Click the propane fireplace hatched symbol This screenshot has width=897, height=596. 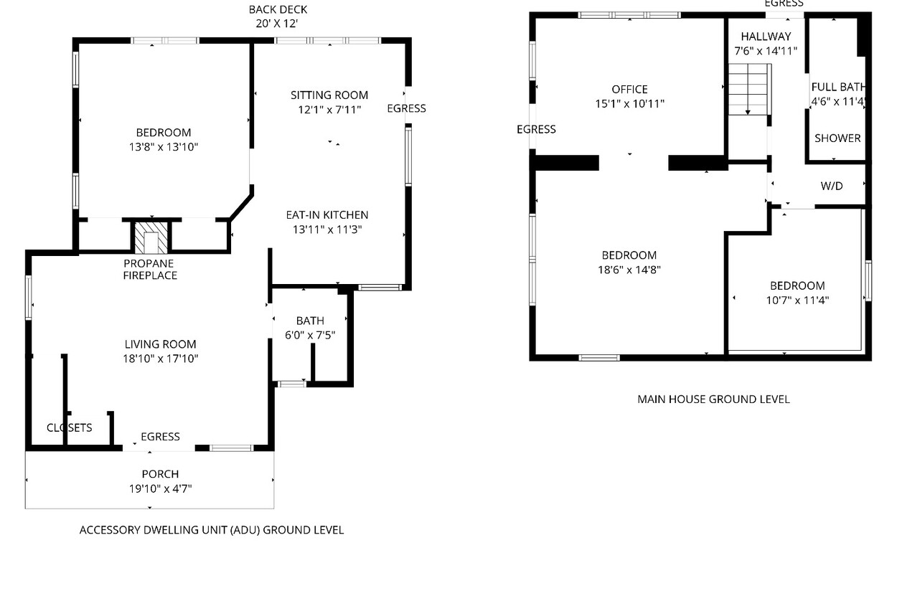(151, 238)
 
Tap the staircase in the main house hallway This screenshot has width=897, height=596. (750, 89)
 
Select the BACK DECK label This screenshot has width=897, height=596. (278, 9)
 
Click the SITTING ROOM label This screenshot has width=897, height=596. (329, 95)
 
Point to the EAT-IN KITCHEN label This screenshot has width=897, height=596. (327, 215)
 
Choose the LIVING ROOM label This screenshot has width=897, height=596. (160, 344)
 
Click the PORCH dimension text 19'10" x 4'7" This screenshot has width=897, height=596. (160, 488)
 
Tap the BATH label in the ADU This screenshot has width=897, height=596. (310, 321)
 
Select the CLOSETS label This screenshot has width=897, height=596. (70, 428)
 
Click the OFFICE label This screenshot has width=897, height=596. (629, 89)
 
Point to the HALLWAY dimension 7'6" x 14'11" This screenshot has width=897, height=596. (766, 51)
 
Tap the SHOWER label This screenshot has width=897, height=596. (837, 138)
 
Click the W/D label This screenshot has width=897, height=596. (831, 186)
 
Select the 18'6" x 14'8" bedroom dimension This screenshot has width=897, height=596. (629, 270)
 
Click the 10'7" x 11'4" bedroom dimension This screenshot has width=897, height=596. (797, 301)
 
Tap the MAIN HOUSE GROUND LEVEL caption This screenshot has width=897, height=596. (713, 399)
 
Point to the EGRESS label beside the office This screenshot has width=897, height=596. (536, 129)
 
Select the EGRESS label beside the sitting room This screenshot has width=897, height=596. (406, 108)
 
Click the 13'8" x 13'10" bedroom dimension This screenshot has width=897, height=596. (164, 147)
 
